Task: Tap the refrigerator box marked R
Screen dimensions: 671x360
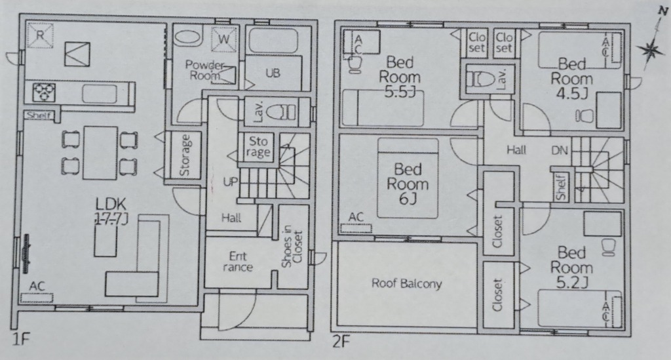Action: (40, 35)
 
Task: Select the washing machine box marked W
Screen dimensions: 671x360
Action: (224, 39)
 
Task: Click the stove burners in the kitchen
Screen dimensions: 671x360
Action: (44, 92)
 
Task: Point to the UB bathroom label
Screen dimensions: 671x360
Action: (273, 73)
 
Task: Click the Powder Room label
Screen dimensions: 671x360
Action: (204, 70)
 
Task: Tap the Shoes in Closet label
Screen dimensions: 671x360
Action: (292, 247)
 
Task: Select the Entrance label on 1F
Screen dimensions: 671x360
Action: (237, 262)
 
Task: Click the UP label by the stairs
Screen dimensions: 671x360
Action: (230, 182)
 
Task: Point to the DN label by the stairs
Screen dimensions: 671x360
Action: (560, 150)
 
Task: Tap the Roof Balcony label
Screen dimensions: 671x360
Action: (406, 283)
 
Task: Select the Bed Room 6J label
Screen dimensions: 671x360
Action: (408, 184)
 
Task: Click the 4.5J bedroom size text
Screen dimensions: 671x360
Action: (571, 93)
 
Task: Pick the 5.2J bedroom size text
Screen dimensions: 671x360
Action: (571, 282)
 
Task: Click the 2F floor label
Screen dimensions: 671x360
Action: (341, 342)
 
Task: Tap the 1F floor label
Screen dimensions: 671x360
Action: (20, 340)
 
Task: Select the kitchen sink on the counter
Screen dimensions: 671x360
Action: (100, 94)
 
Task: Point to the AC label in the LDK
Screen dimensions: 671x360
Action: (37, 286)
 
